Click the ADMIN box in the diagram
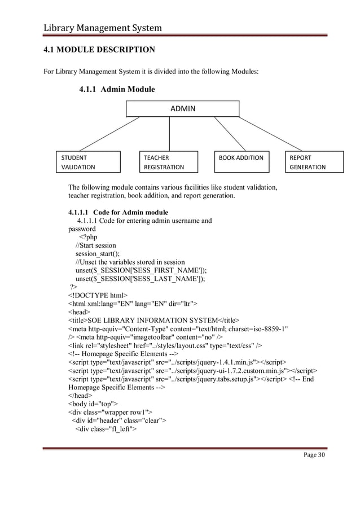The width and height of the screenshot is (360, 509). [182, 108]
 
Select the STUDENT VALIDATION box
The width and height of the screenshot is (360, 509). [87, 162]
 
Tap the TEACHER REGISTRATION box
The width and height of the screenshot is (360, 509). [169, 162]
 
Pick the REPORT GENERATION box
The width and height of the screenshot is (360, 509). [315, 162]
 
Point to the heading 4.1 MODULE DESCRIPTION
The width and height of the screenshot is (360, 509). [99, 50]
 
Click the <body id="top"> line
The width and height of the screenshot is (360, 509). [93, 403]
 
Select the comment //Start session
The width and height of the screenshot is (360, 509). [96, 245]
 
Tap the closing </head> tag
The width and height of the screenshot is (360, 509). [80, 395]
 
